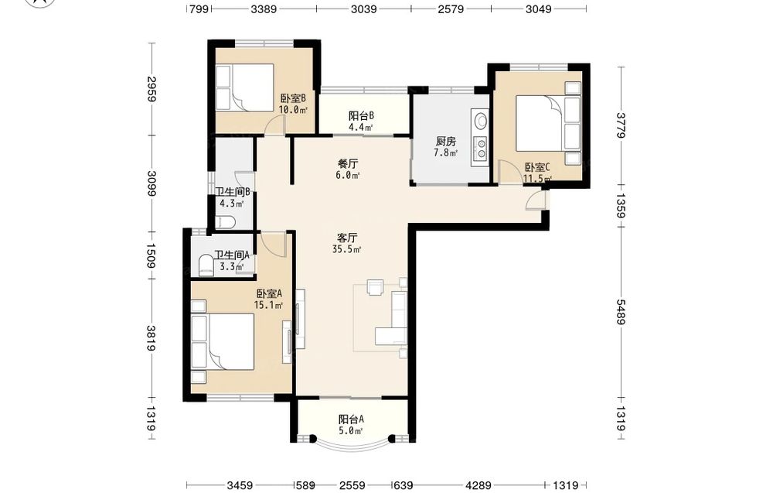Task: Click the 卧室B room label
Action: coord(293,99)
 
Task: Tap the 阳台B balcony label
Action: coord(361,116)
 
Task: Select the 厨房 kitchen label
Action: coord(446,142)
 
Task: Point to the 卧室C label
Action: coord(537,167)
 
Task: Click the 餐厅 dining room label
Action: coord(348,163)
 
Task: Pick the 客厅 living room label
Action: coord(348,238)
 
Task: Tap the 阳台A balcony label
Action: coord(351,419)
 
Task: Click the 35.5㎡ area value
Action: coord(347,249)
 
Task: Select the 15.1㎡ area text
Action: coord(268,305)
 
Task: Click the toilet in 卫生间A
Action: coord(206,265)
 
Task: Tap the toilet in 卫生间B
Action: coord(226,221)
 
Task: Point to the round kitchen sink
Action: coord(480,121)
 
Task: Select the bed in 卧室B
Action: coord(245,87)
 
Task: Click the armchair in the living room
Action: coord(375,287)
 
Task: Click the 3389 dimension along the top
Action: coord(264,9)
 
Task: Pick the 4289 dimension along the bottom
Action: coord(478,485)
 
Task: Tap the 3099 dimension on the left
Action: coord(152,183)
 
